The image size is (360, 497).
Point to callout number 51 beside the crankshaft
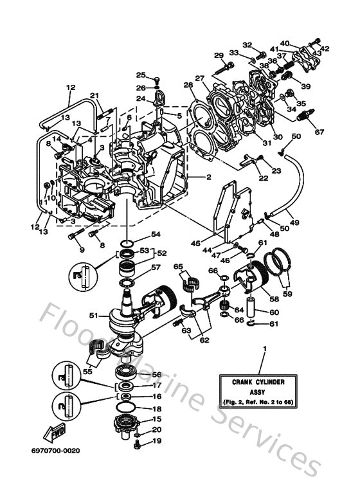coord(94,316)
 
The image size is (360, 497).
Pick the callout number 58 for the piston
coord(274,298)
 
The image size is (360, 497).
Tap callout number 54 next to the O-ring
coord(156,234)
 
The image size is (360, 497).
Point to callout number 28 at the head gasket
coord(188,85)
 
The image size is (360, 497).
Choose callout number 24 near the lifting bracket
coord(141,99)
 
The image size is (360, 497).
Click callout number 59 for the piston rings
coord(287,294)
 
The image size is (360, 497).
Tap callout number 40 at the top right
coord(285,42)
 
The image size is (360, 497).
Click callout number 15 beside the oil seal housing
coord(156,419)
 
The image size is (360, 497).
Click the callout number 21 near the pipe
coord(94,96)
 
